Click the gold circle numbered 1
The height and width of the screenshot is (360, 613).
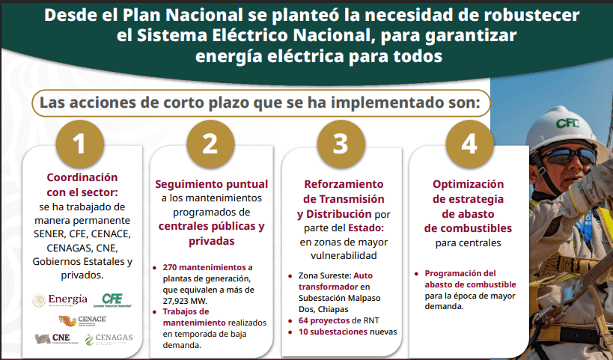[x=80, y=144]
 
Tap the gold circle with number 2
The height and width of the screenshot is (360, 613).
[x=210, y=144]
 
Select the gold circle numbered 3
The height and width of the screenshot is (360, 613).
[x=341, y=144]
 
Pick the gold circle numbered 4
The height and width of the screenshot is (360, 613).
[x=469, y=144]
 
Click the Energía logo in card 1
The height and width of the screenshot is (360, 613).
[x=60, y=300]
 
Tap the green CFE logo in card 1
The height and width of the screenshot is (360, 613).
[x=112, y=300]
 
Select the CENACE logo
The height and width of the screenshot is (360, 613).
[x=82, y=321]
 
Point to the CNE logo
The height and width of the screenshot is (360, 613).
[x=56, y=338]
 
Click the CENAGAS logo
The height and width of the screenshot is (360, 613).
[x=109, y=339]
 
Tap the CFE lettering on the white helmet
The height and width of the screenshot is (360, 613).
[x=567, y=123]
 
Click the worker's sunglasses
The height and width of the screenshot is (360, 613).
[x=569, y=156]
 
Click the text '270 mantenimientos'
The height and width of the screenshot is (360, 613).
[x=204, y=267]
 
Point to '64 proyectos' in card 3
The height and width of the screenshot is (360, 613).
[x=324, y=320]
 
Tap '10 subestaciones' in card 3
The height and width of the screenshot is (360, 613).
[x=333, y=332]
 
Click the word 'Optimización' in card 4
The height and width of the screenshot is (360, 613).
[x=468, y=184]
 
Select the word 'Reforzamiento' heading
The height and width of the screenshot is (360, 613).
[x=344, y=183]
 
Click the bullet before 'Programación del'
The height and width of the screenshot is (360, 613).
[x=416, y=274]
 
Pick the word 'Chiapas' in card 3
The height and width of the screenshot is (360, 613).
[x=333, y=309]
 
